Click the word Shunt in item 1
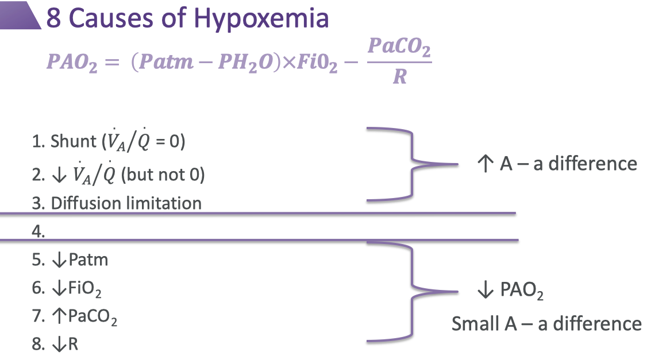coord(71,141)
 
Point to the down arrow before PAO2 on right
coord(485,291)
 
